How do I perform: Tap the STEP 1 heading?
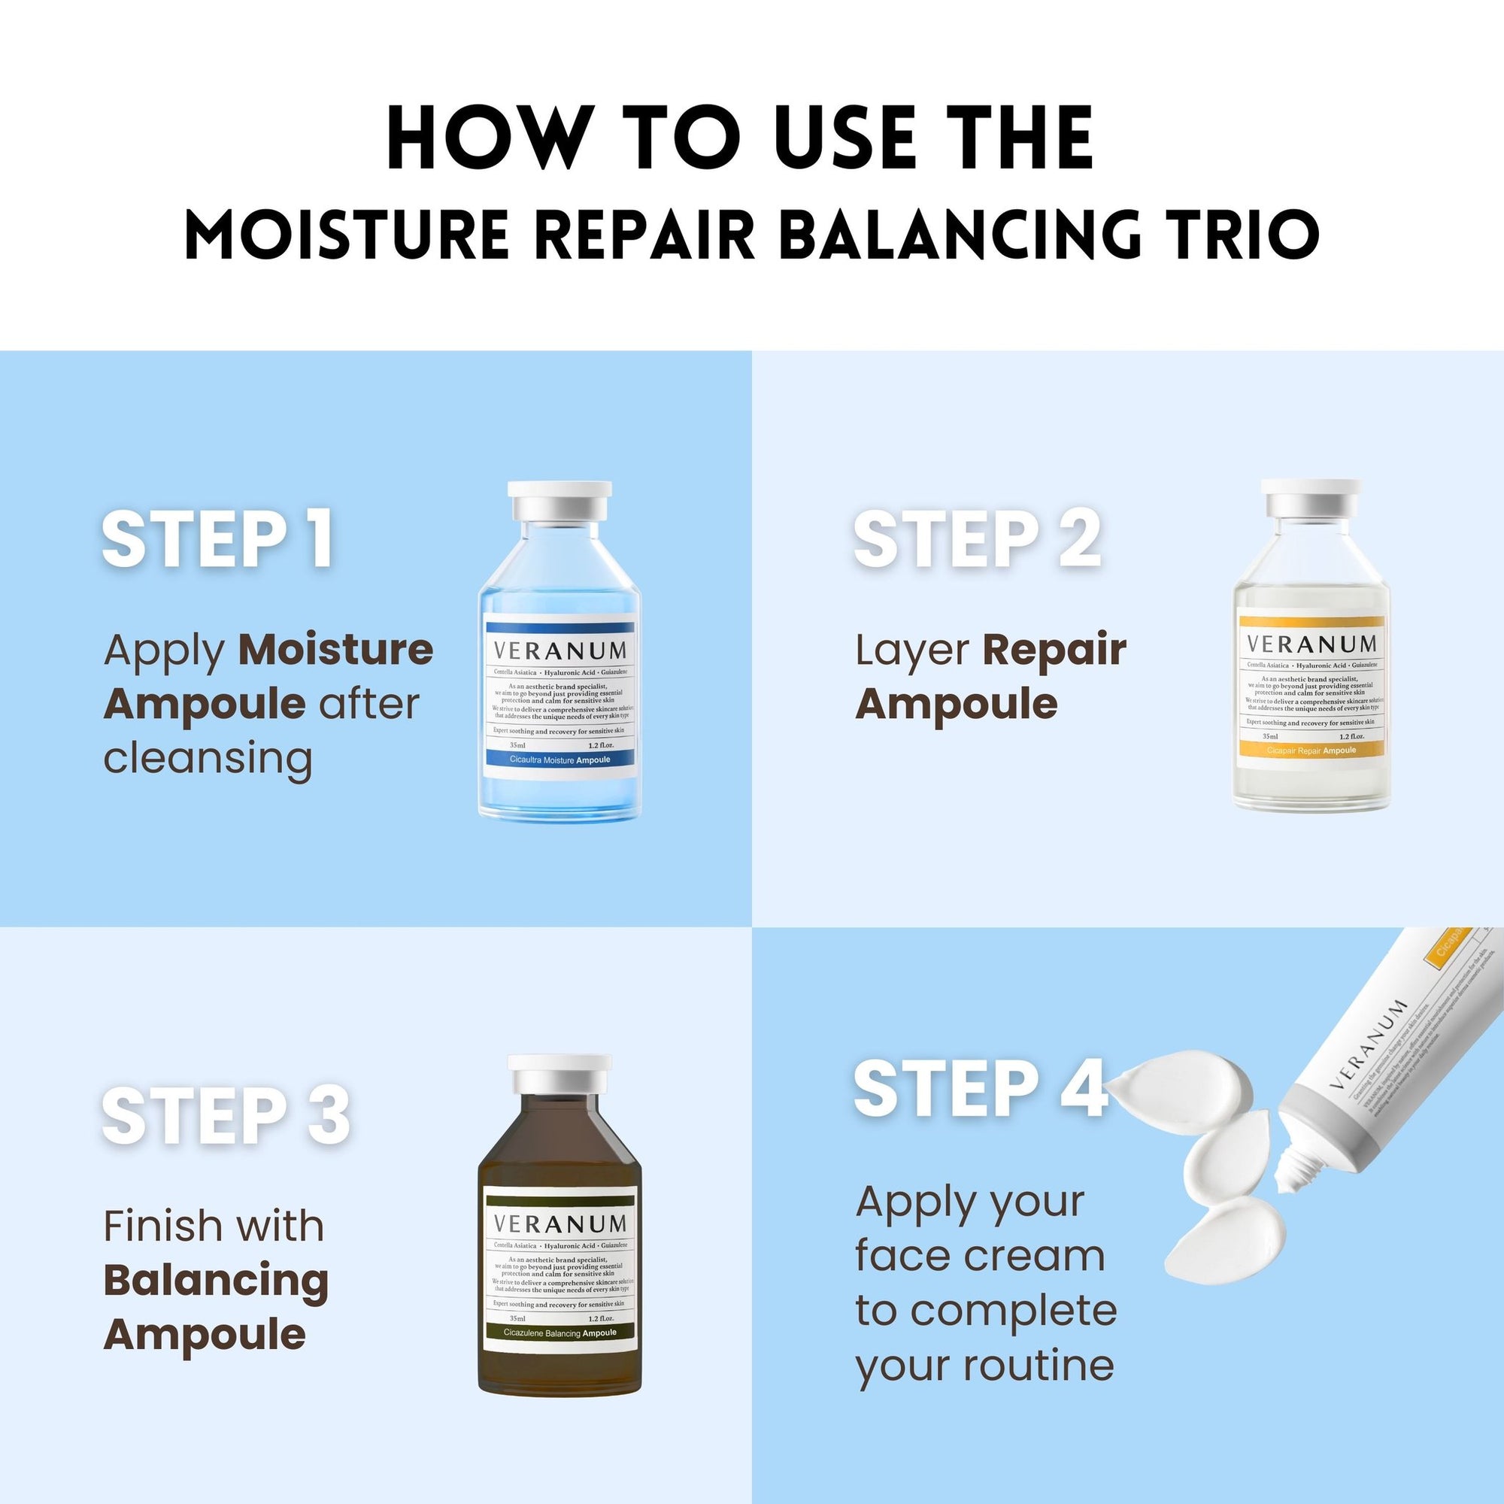[218, 538]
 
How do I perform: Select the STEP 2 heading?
[977, 538]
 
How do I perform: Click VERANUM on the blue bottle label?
[559, 650]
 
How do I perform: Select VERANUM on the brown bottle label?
[559, 1224]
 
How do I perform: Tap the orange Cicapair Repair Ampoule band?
[1311, 750]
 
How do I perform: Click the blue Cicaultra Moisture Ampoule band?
[559, 759]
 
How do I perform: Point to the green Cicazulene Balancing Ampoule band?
[559, 1333]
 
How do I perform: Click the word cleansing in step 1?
[208, 757]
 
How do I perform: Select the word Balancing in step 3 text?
[216, 1281]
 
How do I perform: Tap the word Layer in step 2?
[912, 650]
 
